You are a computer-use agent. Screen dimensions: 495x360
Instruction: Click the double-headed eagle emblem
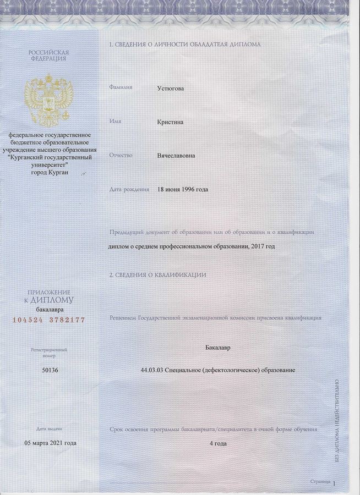click(48, 99)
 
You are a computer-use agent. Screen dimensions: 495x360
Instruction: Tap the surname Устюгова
click(171, 88)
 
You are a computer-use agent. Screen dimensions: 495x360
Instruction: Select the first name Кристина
click(171, 122)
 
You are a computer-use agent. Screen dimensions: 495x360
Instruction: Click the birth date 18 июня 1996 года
click(183, 190)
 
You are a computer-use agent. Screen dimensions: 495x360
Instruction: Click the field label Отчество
click(121, 155)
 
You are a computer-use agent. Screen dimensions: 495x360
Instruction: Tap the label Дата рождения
click(129, 190)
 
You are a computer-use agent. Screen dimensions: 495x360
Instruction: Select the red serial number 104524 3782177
click(48, 320)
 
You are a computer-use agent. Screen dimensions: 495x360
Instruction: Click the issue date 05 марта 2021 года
click(51, 443)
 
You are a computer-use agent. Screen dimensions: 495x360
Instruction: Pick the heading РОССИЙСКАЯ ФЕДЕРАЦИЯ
click(48, 55)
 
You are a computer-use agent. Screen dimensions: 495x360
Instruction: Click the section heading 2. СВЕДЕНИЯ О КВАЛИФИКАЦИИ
click(157, 274)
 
